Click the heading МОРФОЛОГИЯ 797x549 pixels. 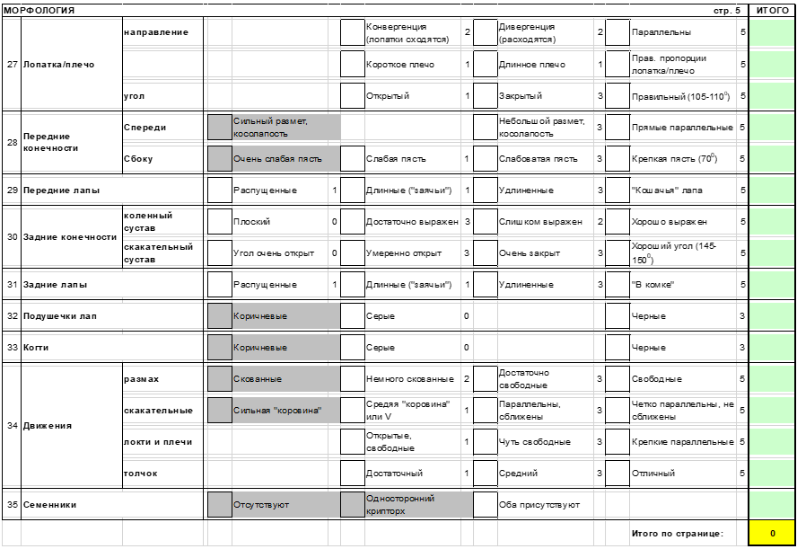[39, 10]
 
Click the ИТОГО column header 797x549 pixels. [772, 10]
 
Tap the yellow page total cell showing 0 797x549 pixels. [772, 534]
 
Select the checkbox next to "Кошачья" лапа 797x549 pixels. [617, 190]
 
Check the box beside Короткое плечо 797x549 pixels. [352, 65]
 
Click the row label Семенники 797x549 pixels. [49, 505]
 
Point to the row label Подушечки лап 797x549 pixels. [60, 316]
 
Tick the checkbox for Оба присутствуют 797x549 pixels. [485, 505]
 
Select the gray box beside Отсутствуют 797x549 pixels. [219, 505]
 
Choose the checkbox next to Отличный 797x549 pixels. [617, 473]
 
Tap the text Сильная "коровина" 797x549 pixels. [277, 411]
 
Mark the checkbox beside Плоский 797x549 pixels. [219, 221]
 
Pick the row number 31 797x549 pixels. [13, 285]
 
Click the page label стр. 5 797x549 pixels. [727, 10]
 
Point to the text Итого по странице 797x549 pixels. [677, 534]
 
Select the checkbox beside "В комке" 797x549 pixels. [617, 285]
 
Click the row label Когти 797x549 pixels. [37, 348]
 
